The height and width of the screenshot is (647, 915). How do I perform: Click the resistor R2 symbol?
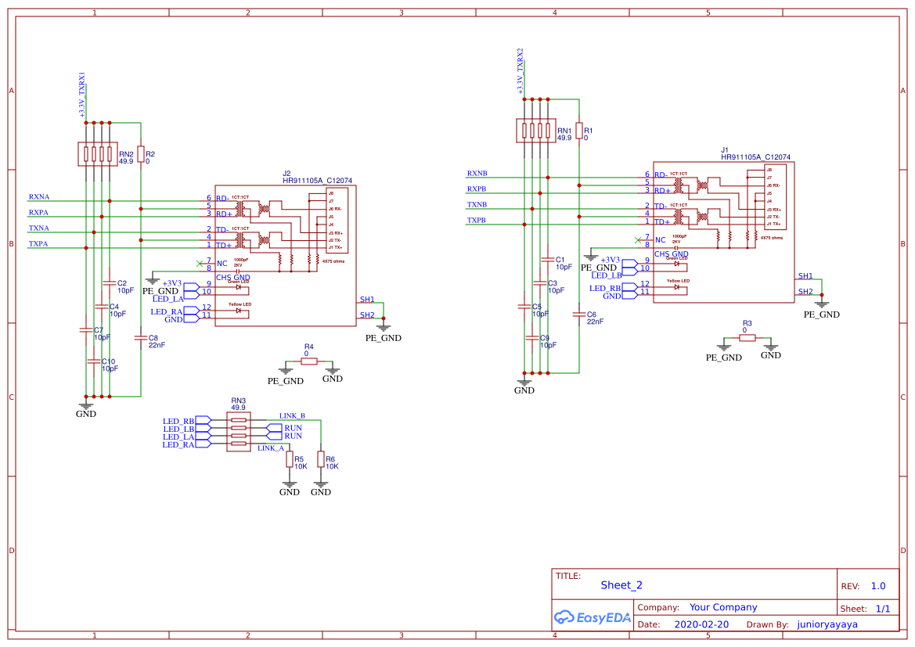click(141, 154)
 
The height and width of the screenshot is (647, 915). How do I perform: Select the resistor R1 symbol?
click(579, 131)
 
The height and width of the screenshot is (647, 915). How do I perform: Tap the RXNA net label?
click(39, 196)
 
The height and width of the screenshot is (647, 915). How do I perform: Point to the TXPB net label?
click(477, 220)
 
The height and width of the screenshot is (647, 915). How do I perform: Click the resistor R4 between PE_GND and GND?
click(309, 361)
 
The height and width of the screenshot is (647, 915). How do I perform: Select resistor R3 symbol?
click(747, 338)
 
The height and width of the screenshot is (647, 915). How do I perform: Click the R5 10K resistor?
click(289, 459)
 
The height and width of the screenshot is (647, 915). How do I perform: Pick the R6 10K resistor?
click(320, 459)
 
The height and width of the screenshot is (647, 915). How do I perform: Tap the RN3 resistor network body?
click(239, 432)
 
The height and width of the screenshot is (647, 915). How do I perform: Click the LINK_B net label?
click(292, 415)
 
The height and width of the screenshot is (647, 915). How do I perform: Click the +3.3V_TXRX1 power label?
click(82, 95)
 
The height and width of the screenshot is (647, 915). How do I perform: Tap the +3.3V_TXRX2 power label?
click(521, 71)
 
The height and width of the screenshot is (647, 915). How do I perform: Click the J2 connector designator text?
click(286, 173)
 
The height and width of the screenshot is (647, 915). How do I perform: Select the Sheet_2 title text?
click(621, 584)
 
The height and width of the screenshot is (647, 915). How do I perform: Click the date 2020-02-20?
click(701, 624)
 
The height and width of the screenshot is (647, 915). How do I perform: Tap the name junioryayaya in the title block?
click(827, 624)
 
